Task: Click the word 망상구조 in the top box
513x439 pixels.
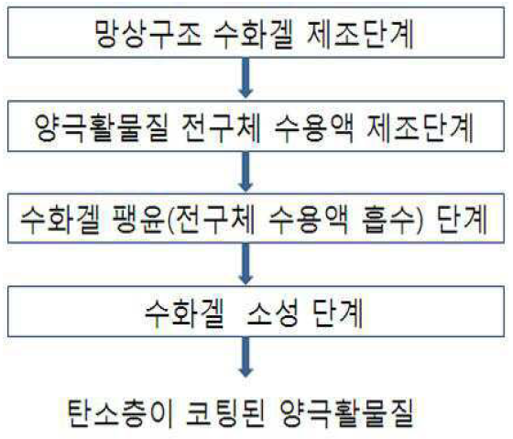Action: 147,35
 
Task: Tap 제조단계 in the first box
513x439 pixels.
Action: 361,35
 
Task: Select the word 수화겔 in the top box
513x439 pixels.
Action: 254,35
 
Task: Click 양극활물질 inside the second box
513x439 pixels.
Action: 101,127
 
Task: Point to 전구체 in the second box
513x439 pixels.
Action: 221,127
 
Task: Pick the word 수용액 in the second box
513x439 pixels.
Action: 314,127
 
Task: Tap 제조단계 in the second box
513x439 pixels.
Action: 420,127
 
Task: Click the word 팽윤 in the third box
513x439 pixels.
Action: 137,219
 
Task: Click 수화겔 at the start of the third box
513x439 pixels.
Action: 60,219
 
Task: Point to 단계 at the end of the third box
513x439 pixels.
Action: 463,219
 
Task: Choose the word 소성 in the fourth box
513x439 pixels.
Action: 272,313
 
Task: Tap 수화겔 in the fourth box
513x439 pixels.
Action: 184,313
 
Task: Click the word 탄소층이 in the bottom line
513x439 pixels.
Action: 120,412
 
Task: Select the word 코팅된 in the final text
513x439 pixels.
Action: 225,412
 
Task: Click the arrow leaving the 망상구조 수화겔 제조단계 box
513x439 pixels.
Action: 246,78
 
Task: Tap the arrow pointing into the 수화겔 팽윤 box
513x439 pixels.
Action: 246,172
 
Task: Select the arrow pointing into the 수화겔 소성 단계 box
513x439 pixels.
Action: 246,264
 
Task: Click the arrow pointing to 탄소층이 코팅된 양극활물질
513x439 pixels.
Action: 246,357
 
